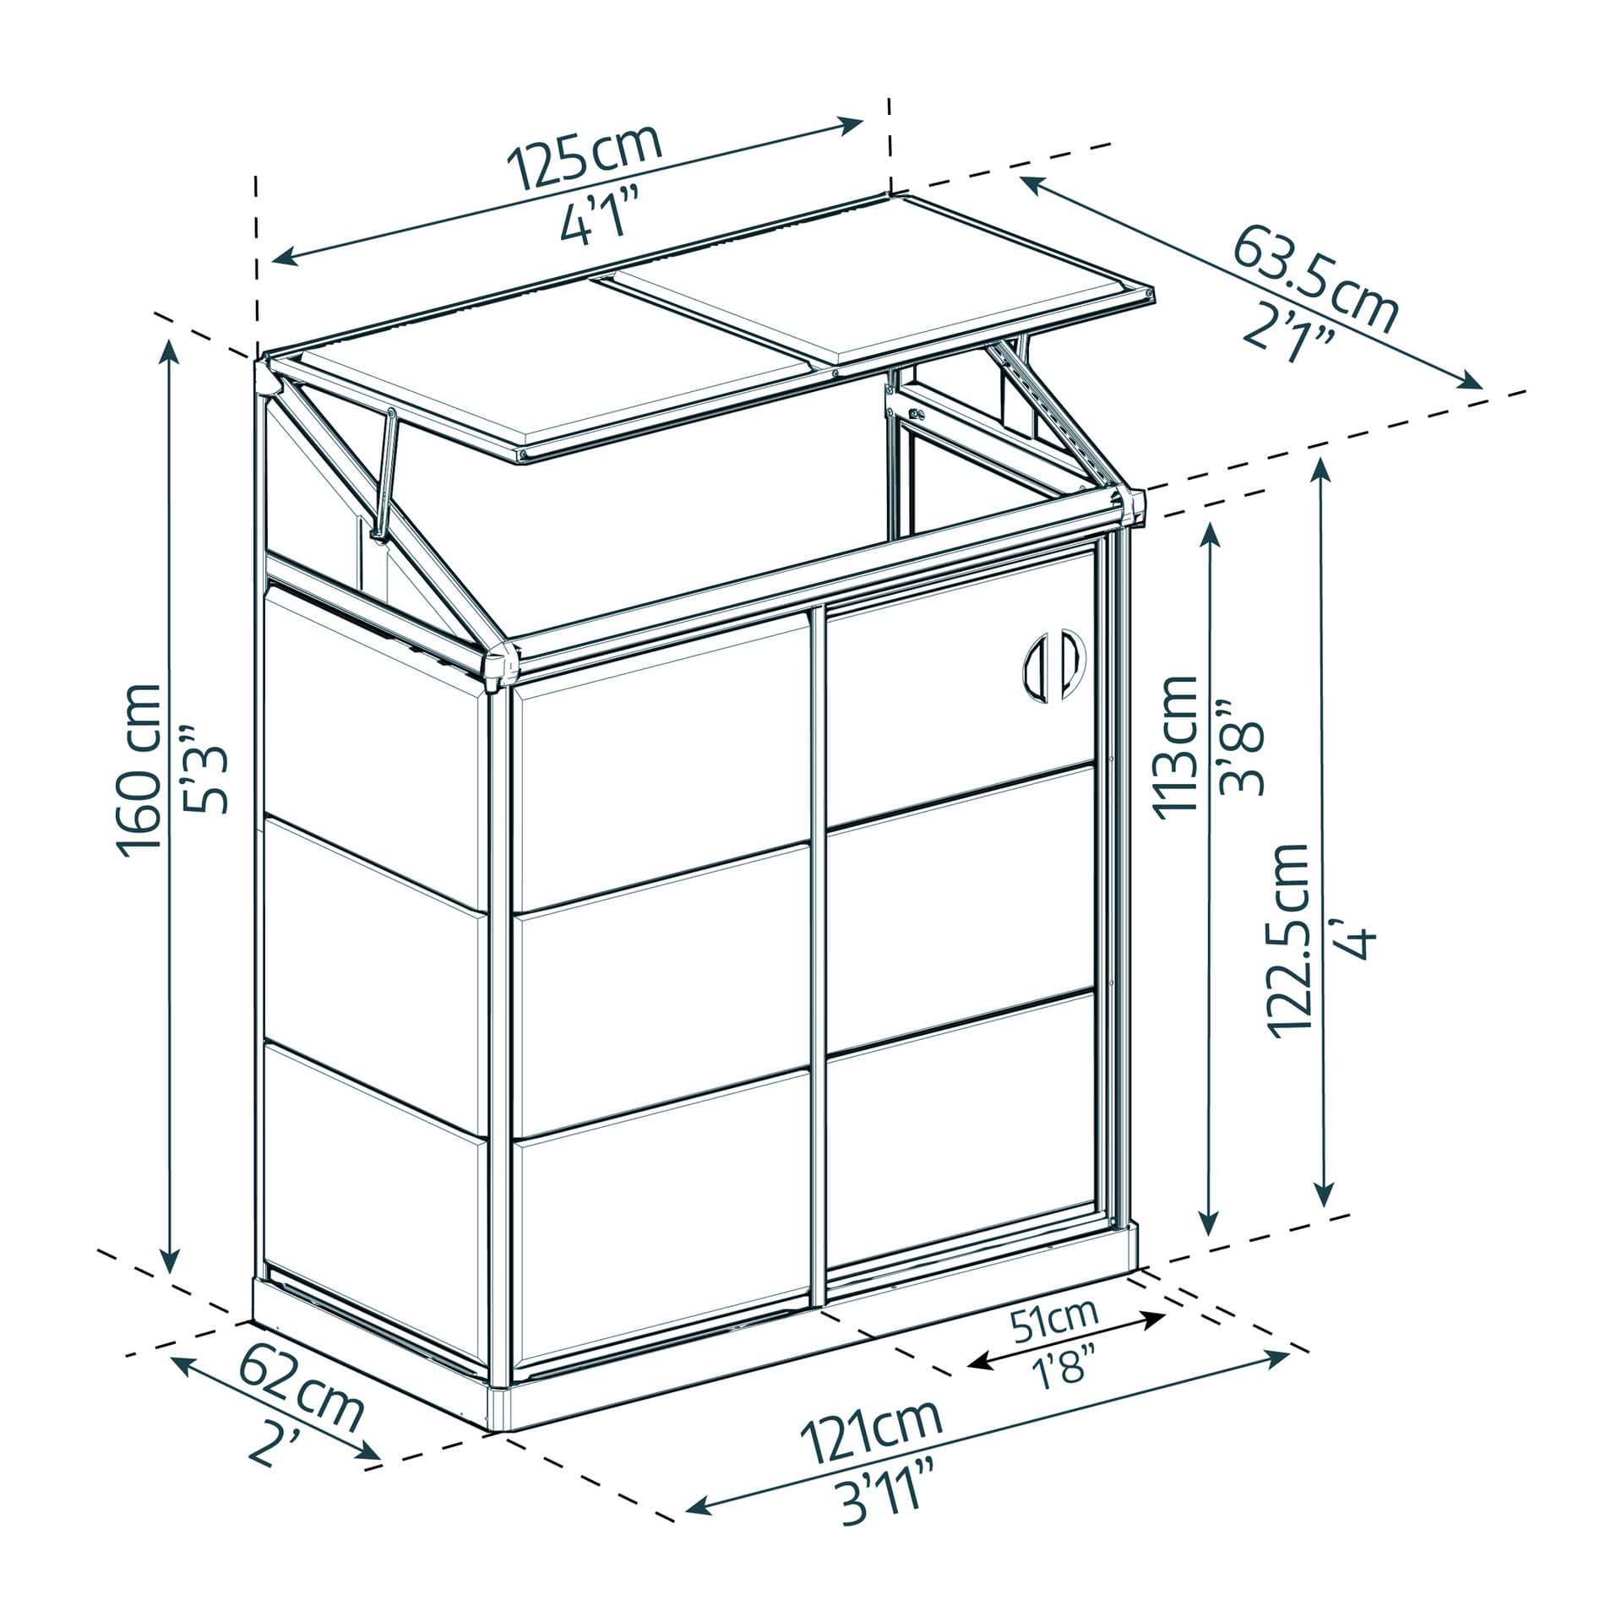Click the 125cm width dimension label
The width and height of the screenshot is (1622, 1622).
click(x=584, y=167)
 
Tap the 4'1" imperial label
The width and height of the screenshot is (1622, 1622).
click(x=598, y=217)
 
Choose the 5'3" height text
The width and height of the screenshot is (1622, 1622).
click(x=205, y=768)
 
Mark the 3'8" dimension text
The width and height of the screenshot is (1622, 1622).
click(x=1242, y=748)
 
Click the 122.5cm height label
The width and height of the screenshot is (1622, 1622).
click(x=1287, y=939)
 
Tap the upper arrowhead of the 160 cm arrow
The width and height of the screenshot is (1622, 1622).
click(x=170, y=350)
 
